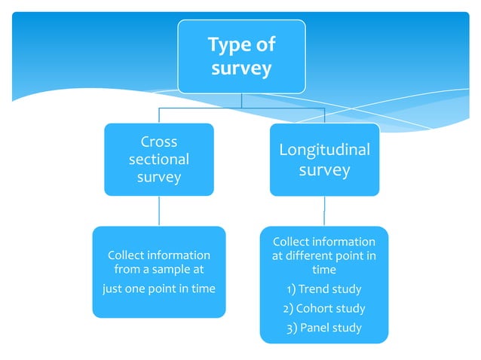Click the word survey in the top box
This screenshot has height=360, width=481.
coord(241,70)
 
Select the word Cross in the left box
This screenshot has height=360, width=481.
coord(159,142)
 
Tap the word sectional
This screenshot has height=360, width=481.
coord(159,160)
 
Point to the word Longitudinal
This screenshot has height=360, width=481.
coord(324,149)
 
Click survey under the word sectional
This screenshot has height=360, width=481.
coord(159,178)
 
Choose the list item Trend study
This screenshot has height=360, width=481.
coord(329,289)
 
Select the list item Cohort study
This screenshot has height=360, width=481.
coord(331,308)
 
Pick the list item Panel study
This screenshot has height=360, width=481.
coord(329,328)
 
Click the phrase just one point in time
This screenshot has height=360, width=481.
coord(159,288)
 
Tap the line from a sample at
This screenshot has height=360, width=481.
coord(159,270)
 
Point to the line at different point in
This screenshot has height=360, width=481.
coord(324,256)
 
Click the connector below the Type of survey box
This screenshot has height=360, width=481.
coord(241,101)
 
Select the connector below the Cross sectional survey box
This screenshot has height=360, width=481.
coord(159,211)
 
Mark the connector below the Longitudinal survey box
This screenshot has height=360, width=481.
coord(324,211)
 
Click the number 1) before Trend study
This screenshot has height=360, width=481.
coord(291,289)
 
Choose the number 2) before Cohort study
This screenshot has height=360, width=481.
coord(288,308)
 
